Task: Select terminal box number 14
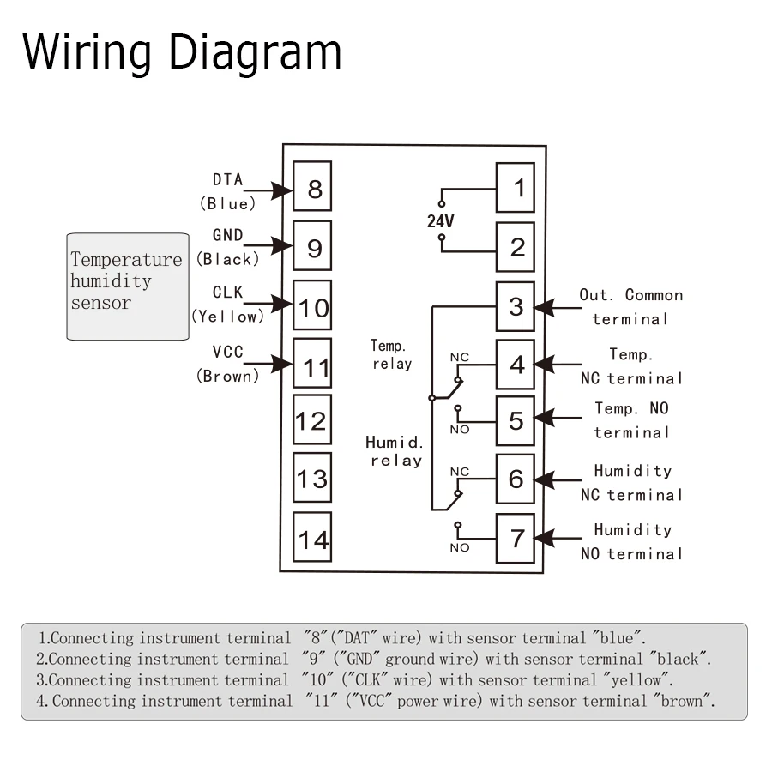pyautogui.click(x=312, y=539)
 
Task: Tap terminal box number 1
pyautogui.click(x=516, y=188)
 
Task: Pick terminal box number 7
pyautogui.click(x=516, y=538)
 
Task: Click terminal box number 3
pyautogui.click(x=516, y=306)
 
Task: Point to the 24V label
pyautogui.click(x=441, y=221)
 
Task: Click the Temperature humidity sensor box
pyautogui.click(x=128, y=286)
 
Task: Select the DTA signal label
pyautogui.click(x=227, y=180)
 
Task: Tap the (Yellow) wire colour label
pyautogui.click(x=227, y=317)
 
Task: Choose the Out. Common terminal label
pyautogui.click(x=630, y=306)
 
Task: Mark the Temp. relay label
pyautogui.click(x=391, y=354)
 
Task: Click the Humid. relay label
pyautogui.click(x=395, y=451)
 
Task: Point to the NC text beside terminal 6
pyautogui.click(x=460, y=472)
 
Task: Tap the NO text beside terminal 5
pyautogui.click(x=460, y=429)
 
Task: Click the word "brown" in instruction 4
pyautogui.click(x=683, y=701)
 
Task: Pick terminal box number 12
pyautogui.click(x=312, y=420)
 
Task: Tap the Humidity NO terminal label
pyautogui.click(x=632, y=541)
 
